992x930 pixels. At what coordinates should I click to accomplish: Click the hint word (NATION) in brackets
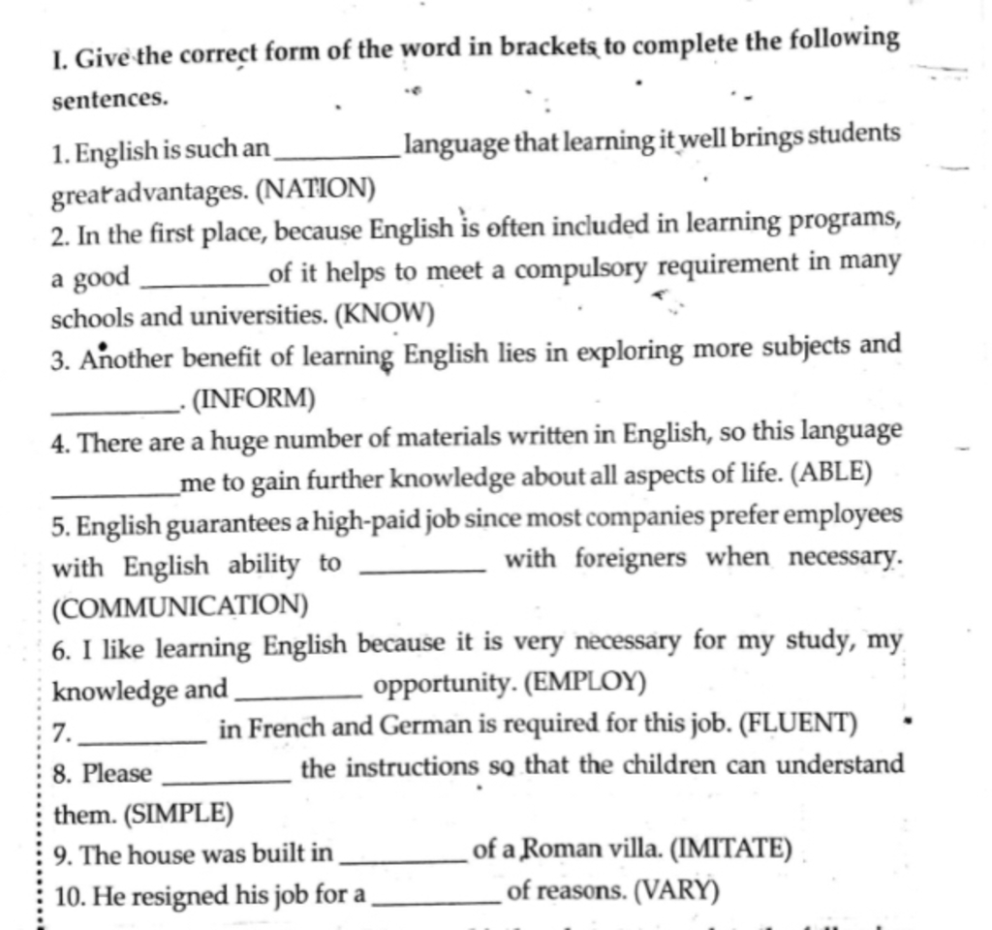click(316, 188)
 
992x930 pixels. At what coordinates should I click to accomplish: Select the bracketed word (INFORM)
click(254, 397)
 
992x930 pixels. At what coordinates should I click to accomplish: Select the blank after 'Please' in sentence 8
click(229, 777)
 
